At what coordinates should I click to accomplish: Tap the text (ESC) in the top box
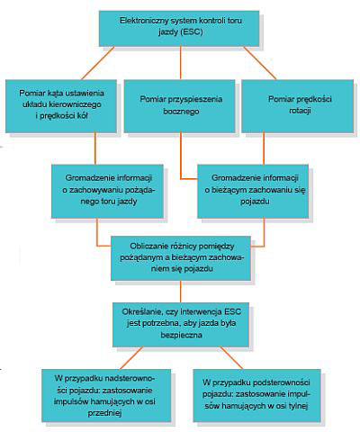tap(192, 31)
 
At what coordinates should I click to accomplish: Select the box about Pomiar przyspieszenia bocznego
tap(179, 106)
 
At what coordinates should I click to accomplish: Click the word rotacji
tap(300, 111)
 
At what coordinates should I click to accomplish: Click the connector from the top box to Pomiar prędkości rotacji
tap(260, 63)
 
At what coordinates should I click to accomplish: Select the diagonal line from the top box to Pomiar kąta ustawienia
tap(98, 63)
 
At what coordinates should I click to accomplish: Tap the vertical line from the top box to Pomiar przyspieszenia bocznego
tap(181, 63)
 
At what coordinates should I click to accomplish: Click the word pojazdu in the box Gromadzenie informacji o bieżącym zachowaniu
tap(255, 202)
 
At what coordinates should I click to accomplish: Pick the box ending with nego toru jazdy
tap(107, 191)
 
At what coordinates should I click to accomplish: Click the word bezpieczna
tap(181, 335)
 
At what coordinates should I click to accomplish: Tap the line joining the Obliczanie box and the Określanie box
tap(181, 292)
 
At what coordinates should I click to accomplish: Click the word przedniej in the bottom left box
tap(104, 413)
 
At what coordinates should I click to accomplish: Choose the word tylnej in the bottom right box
tap(298, 406)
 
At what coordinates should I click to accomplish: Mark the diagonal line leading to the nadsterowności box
tap(131, 358)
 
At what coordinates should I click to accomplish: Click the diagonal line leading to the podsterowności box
tap(231, 358)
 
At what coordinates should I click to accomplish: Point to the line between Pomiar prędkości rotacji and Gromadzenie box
tap(264, 148)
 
